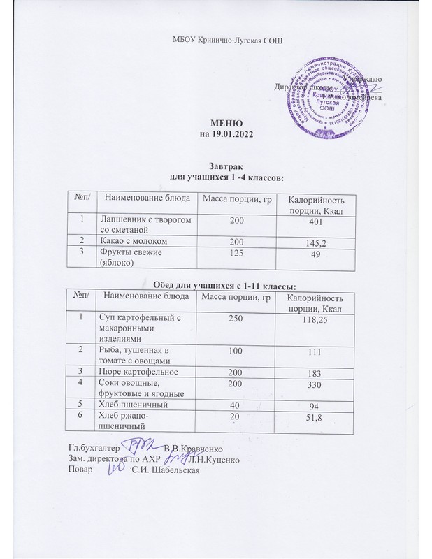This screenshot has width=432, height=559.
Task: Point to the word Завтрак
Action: [224, 168]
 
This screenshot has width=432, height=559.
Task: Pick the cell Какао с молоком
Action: [132, 241]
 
